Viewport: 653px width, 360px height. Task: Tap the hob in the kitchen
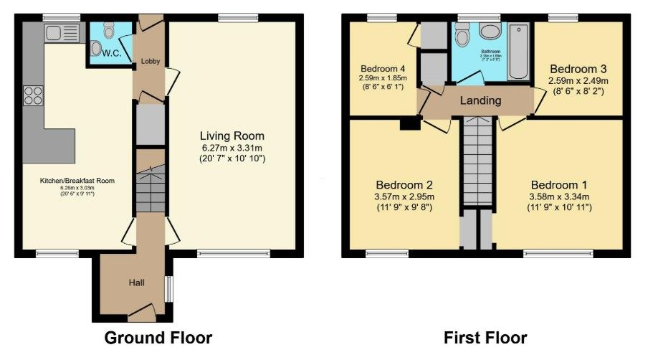click(34, 95)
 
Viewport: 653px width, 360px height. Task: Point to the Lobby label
click(150, 62)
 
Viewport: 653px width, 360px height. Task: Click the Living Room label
click(232, 136)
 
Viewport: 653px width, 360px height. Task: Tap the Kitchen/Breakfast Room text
click(77, 181)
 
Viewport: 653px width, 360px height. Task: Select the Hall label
click(137, 283)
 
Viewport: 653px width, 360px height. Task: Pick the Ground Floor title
click(158, 338)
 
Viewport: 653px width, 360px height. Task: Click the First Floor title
click(485, 338)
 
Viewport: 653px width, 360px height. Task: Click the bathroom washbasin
click(490, 32)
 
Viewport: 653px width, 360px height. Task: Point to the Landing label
click(480, 100)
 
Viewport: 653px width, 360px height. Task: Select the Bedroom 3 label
click(578, 69)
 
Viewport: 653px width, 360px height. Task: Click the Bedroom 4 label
click(383, 70)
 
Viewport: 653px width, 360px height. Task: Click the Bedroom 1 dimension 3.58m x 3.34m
click(558, 196)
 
